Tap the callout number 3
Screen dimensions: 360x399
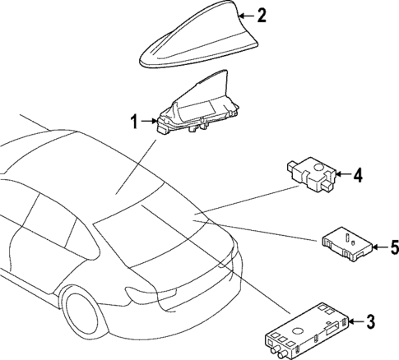click(370, 321)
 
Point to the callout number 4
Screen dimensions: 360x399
click(358, 175)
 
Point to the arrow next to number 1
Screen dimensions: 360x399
click(152, 122)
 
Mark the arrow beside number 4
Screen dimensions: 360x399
click(344, 175)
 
